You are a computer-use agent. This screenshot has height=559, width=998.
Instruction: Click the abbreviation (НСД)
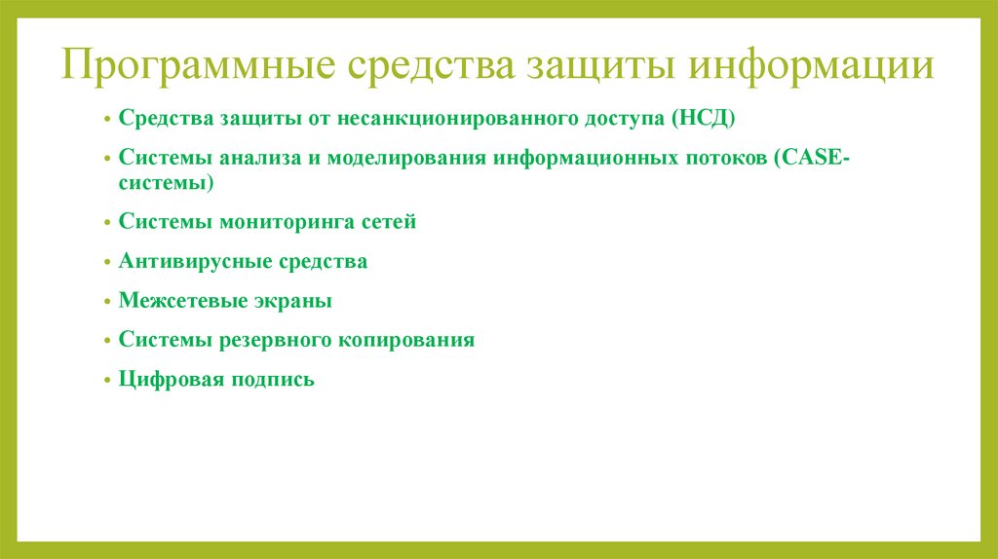[x=704, y=118]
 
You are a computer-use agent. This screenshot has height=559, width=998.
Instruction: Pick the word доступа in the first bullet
[x=616, y=118]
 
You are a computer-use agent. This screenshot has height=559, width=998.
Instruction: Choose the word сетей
[x=389, y=222]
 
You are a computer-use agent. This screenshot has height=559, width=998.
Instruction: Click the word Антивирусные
[x=184, y=262]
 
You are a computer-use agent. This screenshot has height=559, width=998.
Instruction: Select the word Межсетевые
[x=173, y=301]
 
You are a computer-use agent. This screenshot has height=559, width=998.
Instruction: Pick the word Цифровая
[x=169, y=379]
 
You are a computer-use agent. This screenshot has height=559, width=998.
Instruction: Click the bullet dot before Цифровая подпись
[x=106, y=380]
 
